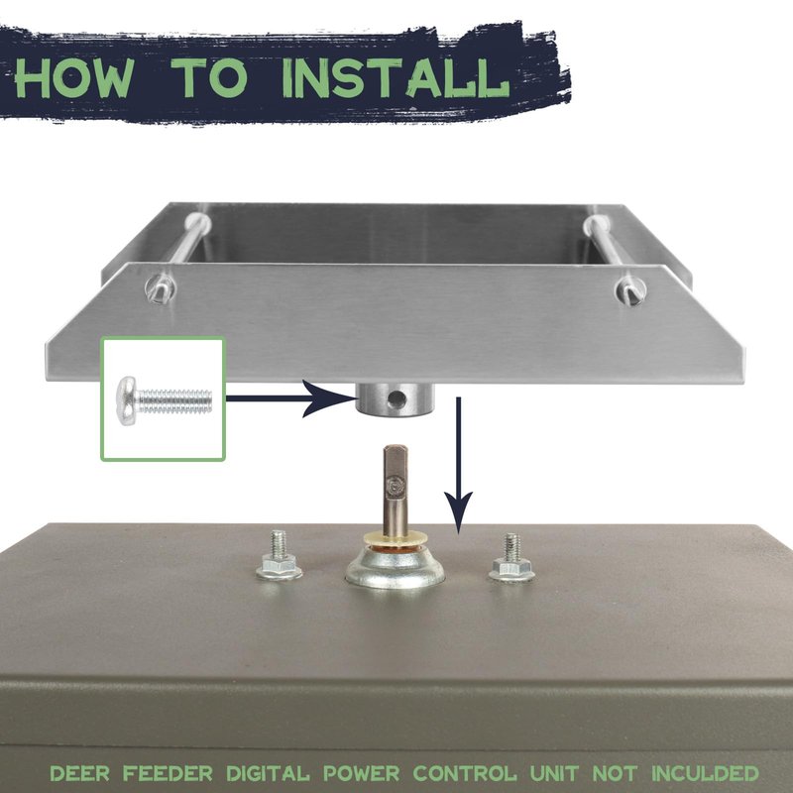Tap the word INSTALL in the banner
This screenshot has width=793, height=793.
click(x=395, y=78)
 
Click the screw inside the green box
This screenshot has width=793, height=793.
click(x=165, y=400)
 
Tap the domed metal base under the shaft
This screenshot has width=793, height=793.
click(x=395, y=567)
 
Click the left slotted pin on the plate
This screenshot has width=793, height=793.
click(x=160, y=288)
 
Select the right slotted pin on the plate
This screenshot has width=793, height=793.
click(x=630, y=291)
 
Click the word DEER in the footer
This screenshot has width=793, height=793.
click(x=80, y=773)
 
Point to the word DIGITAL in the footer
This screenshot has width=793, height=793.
click(x=268, y=773)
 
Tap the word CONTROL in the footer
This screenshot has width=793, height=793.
click(x=465, y=773)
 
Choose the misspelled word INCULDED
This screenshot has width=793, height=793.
click(x=705, y=773)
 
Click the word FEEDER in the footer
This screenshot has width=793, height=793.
click(x=168, y=773)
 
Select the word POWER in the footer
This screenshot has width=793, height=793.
click(x=361, y=773)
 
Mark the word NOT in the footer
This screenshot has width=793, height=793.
click(x=614, y=773)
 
